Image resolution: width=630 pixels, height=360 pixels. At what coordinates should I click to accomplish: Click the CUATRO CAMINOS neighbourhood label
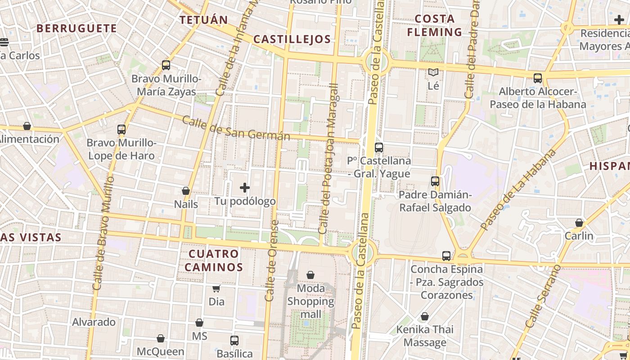tap(213, 260)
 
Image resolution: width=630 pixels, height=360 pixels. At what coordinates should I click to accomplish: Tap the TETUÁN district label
tap(204, 20)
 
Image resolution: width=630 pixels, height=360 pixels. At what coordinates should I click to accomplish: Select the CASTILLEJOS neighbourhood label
tap(292, 39)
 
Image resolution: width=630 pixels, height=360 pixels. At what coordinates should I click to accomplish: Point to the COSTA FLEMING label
tap(434, 25)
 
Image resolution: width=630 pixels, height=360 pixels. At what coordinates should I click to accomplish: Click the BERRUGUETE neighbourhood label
tap(76, 28)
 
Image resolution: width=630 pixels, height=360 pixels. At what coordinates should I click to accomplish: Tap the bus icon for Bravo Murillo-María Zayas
tap(166, 65)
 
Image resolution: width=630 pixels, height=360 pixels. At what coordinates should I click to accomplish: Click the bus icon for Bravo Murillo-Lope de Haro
tap(121, 130)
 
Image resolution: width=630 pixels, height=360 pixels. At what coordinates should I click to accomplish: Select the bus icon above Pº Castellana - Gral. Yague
tap(379, 147)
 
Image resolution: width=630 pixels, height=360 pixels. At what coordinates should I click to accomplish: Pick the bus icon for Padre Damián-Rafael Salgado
tap(435, 181)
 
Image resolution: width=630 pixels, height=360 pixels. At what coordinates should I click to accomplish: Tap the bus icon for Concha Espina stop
tap(446, 256)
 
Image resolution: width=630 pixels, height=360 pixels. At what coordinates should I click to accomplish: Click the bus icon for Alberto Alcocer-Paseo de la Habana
tap(538, 78)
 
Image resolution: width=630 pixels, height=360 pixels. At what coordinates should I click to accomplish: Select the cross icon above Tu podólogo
tap(245, 187)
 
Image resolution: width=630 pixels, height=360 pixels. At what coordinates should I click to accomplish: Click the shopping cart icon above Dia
tap(216, 288)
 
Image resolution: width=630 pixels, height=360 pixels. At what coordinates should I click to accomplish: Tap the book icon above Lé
tap(433, 72)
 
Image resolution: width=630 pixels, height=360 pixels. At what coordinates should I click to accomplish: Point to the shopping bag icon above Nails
tap(186, 191)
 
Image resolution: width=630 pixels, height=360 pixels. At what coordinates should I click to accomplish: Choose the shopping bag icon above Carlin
tap(579, 223)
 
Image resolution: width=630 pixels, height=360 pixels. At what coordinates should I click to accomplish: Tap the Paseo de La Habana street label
tap(518, 190)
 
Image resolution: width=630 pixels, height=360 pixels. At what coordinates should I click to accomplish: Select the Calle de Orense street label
tap(272, 261)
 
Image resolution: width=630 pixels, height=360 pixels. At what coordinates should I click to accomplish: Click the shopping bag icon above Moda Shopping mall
tap(310, 274)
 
